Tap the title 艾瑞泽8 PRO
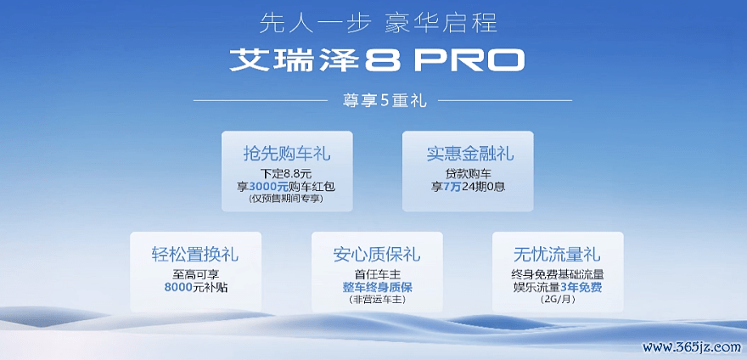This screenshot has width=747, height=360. (377, 60)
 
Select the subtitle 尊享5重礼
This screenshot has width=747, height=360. (383, 101)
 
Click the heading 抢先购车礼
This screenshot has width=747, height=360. (287, 154)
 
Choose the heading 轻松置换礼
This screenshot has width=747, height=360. (195, 254)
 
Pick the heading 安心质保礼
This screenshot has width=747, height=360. (377, 254)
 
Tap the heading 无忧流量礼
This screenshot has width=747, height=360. (557, 254)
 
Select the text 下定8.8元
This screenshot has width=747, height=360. (287, 173)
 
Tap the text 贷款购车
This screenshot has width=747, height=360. (468, 173)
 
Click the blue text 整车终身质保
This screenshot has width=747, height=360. (377, 288)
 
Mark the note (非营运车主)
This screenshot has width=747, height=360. (377, 300)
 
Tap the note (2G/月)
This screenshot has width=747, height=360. (558, 300)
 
